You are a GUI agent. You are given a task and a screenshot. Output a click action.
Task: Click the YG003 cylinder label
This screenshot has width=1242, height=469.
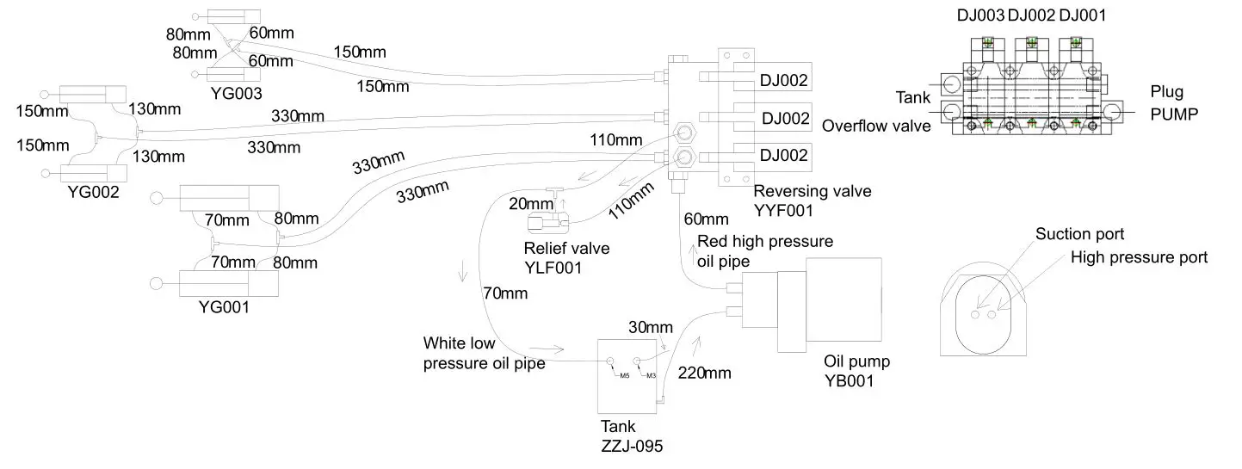(x=235, y=93)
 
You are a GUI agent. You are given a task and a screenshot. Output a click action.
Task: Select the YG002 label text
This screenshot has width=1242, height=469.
(x=93, y=192)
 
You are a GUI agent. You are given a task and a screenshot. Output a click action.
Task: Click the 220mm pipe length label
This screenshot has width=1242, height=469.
(x=704, y=373)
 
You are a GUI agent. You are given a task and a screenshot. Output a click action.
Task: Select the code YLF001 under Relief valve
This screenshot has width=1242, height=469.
(x=553, y=268)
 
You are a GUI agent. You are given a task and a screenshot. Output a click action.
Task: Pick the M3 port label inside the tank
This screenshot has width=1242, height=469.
(x=651, y=375)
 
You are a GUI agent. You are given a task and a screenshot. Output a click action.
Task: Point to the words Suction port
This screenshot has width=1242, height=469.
(x=1079, y=234)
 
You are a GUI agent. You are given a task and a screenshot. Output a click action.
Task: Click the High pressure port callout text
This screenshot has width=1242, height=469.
(x=1139, y=257)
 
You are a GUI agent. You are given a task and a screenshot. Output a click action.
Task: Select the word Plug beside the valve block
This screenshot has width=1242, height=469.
(x=1167, y=92)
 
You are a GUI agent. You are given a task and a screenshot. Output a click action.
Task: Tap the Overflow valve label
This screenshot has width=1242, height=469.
(x=876, y=126)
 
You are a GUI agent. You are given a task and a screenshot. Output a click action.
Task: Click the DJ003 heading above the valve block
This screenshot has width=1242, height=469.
(x=980, y=16)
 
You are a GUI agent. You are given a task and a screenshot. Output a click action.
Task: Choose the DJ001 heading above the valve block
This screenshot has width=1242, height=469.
(x=1082, y=16)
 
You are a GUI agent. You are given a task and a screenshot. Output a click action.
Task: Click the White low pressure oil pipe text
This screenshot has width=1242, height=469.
(x=484, y=353)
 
